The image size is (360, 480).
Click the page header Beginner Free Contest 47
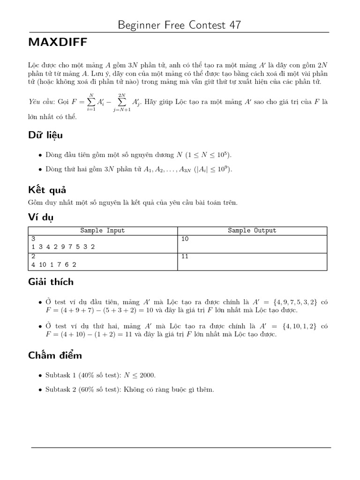tap(180, 25)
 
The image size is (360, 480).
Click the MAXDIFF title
tap(58, 43)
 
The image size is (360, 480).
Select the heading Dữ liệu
tap(45, 135)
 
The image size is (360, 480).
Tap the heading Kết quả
tap(47, 190)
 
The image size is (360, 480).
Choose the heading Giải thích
tap(51, 282)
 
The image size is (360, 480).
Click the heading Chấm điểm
tap(55, 355)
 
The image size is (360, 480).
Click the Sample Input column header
tap(103, 231)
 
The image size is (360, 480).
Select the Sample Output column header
tap(252, 231)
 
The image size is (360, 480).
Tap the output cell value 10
tap(185, 239)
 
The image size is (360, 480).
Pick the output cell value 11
tap(185, 256)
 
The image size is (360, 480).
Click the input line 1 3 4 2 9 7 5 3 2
tap(63, 247)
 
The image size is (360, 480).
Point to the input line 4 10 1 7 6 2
tap(54, 264)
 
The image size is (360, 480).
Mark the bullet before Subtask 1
tap(39, 375)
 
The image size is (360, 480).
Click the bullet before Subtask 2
tap(39, 390)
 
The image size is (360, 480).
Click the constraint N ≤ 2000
tap(139, 375)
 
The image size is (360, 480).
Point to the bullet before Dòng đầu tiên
tap(39, 156)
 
